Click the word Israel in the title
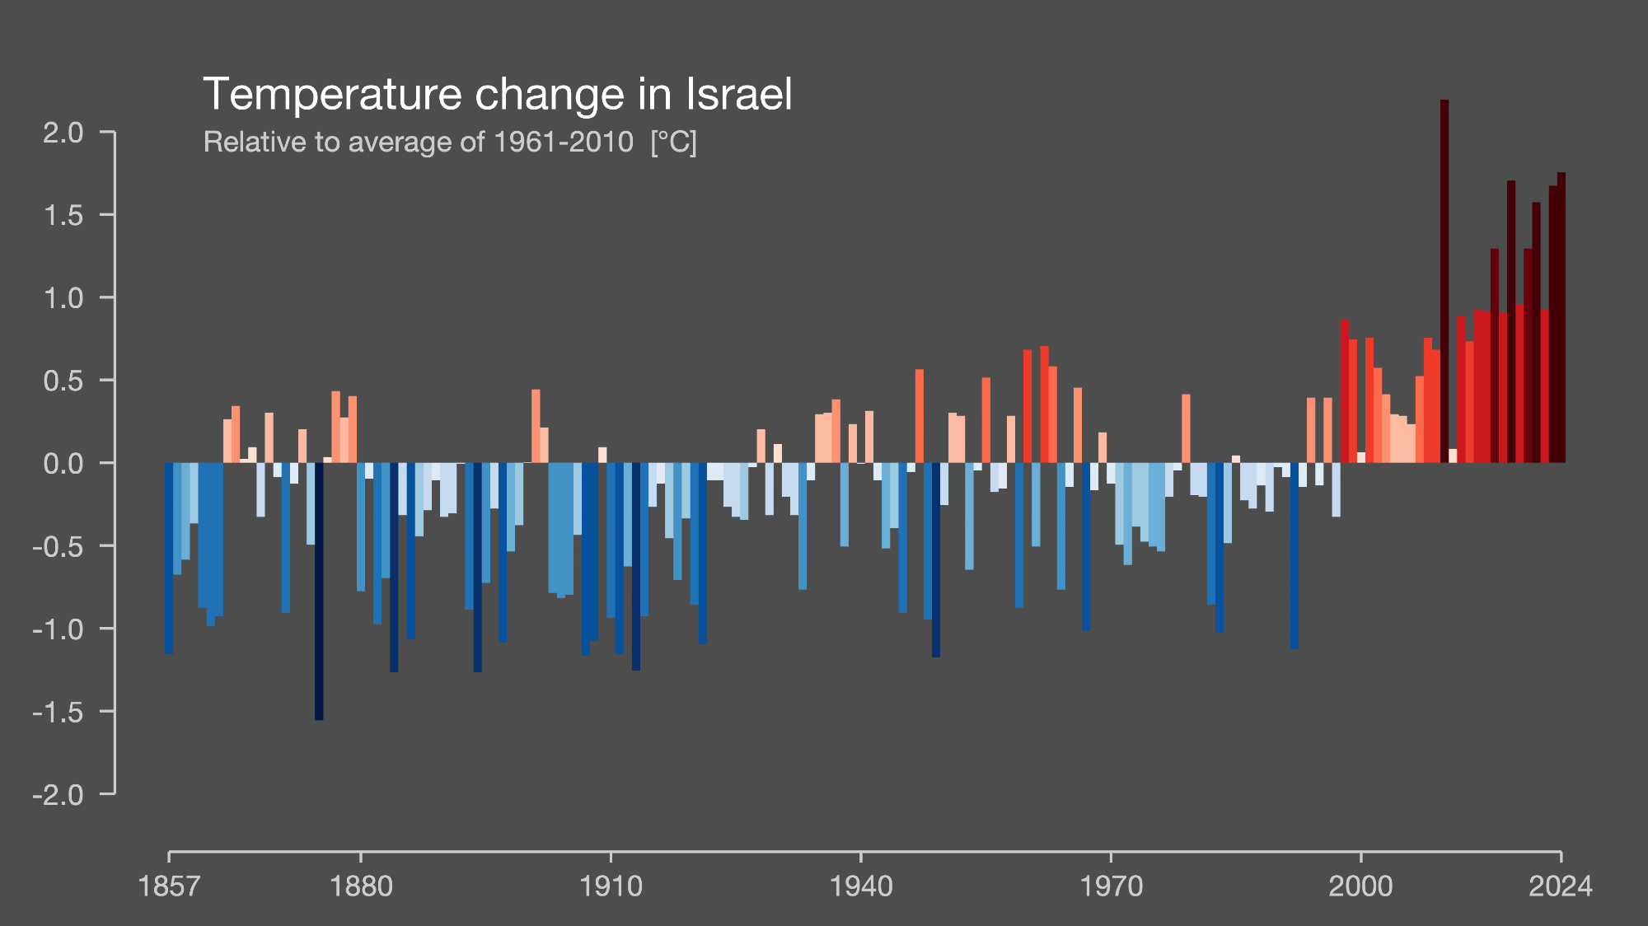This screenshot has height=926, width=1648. point(738,94)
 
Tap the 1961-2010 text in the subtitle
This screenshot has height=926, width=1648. point(564,142)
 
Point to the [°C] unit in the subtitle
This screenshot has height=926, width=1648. point(673,143)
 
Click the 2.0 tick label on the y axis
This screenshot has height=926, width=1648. point(63,132)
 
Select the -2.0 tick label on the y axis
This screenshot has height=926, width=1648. point(59,795)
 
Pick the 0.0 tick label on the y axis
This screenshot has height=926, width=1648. point(63,463)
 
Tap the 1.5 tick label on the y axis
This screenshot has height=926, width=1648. point(63,215)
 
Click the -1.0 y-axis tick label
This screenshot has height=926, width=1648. point(59,629)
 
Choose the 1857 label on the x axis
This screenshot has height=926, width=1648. point(169,886)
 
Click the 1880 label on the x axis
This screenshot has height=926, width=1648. point(361,886)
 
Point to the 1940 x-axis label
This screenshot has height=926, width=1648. point(861,886)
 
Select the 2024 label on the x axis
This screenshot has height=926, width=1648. point(1561,886)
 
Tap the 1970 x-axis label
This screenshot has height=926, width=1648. point(1111,886)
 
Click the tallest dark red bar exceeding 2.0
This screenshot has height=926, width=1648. point(1444,280)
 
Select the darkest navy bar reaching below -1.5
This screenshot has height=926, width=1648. point(319,591)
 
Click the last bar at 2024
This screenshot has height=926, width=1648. point(1561,317)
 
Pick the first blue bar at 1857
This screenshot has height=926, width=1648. point(169,558)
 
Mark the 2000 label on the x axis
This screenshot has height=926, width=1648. point(1360,886)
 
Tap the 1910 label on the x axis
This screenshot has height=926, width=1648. point(611,886)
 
